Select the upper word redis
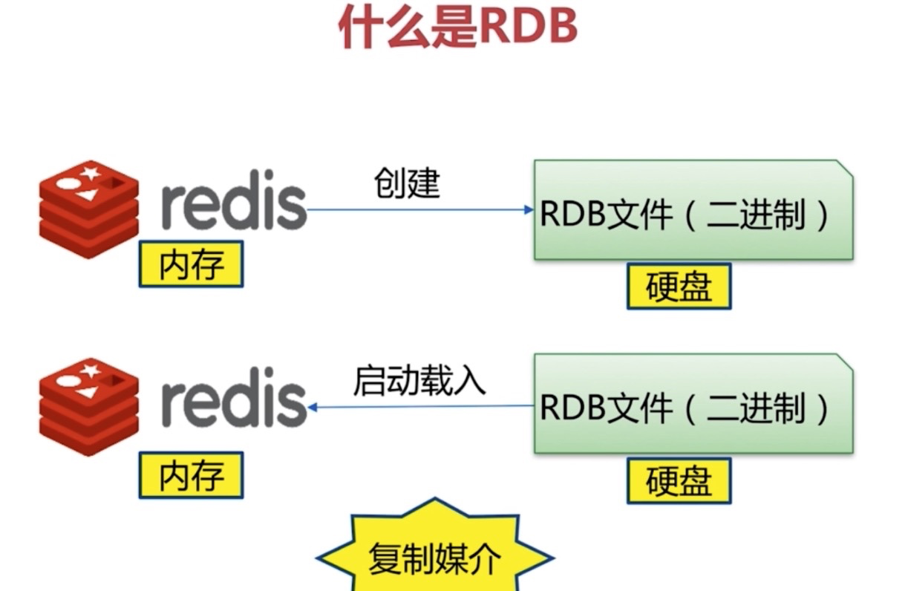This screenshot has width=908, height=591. click(233, 203)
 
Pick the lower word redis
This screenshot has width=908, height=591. click(233, 402)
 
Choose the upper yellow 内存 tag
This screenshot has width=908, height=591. click(191, 264)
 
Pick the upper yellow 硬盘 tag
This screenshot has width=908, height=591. click(679, 286)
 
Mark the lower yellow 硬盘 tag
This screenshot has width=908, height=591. click(679, 480)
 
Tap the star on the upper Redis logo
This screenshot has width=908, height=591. click(91, 174)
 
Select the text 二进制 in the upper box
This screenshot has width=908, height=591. click(754, 216)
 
